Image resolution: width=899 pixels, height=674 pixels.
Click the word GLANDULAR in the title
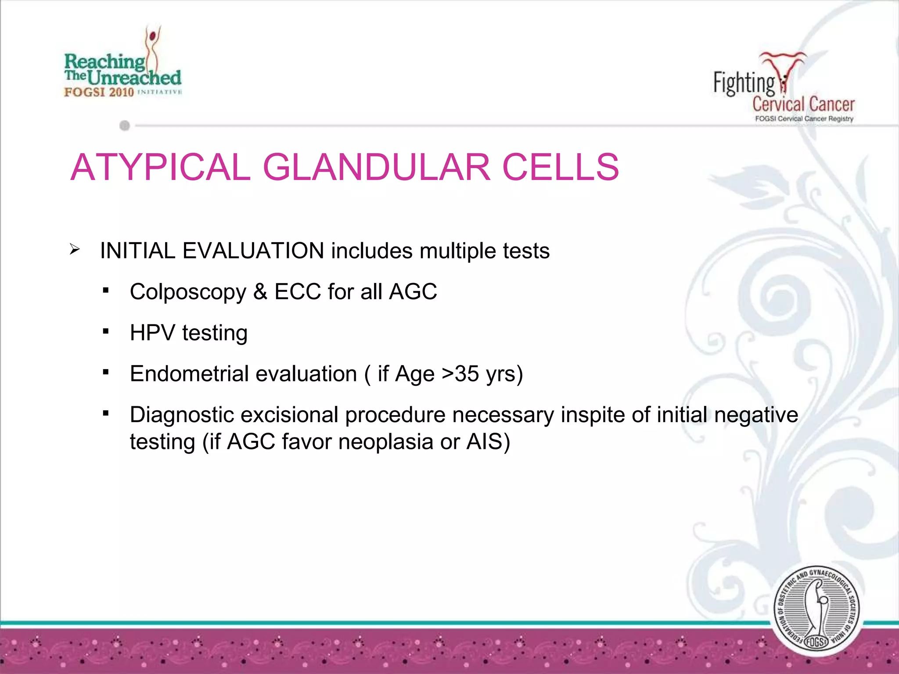[376, 167]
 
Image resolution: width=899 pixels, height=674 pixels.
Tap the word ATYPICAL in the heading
[160, 167]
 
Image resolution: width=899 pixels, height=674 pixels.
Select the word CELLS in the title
[560, 167]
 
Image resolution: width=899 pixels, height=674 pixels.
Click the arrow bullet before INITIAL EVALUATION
[75, 250]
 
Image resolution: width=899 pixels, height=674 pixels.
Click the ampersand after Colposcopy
[260, 292]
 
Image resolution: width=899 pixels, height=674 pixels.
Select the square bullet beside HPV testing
[105, 331]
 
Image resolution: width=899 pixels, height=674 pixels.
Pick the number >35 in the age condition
[460, 374]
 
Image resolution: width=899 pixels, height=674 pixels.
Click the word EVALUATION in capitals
[253, 251]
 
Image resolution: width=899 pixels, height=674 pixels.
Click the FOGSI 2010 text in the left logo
[99, 92]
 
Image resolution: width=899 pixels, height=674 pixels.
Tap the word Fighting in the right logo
[744, 83]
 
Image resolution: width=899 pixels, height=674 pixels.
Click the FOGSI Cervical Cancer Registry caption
[804, 119]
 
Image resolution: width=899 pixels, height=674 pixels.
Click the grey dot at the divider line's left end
[125, 126]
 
